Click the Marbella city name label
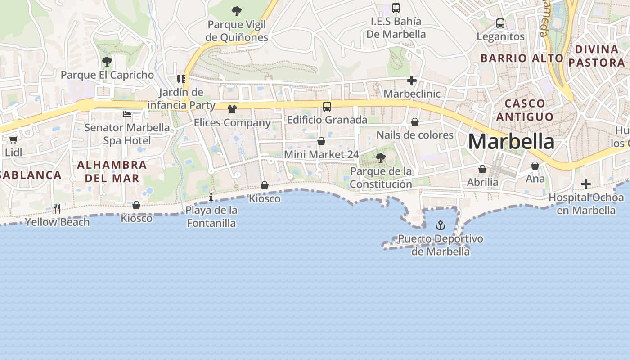point(512,142)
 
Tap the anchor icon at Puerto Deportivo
point(441,225)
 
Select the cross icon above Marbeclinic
point(412,81)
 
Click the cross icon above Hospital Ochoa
point(585,184)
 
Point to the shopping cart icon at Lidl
point(13,140)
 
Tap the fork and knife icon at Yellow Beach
point(57,208)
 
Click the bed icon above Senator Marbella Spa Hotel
point(127,114)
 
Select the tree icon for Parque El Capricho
point(107,62)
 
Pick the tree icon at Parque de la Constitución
point(381,158)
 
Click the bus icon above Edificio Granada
point(327,107)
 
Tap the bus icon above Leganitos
point(500,23)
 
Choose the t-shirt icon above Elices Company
point(232,109)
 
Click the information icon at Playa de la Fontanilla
point(211,197)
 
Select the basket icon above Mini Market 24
point(321,141)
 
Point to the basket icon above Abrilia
point(482,169)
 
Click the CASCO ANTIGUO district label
point(525,110)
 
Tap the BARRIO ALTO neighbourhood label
point(522,58)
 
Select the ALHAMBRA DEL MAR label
point(112,171)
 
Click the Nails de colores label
point(415,135)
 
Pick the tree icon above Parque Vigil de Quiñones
point(236,11)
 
